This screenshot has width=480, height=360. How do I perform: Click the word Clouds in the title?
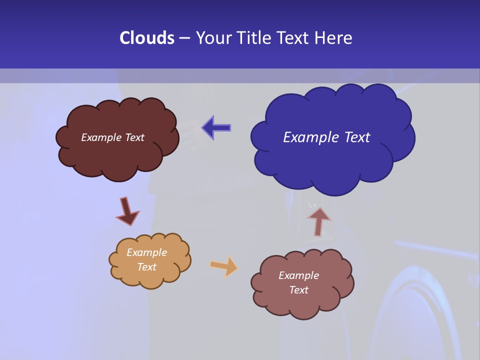(146, 38)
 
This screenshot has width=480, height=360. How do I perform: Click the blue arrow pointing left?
(216, 128)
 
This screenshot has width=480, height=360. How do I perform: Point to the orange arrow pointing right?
(224, 266)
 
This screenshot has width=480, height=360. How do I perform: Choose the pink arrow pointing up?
(318, 221)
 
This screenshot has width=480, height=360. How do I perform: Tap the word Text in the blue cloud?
(357, 137)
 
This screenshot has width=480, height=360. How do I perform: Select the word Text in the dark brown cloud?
(134, 137)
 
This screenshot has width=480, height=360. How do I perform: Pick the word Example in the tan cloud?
(146, 252)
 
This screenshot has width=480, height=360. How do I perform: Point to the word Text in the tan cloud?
(146, 267)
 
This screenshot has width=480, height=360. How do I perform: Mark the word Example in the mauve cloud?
(298, 275)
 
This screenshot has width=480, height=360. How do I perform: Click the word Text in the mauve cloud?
(298, 290)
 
